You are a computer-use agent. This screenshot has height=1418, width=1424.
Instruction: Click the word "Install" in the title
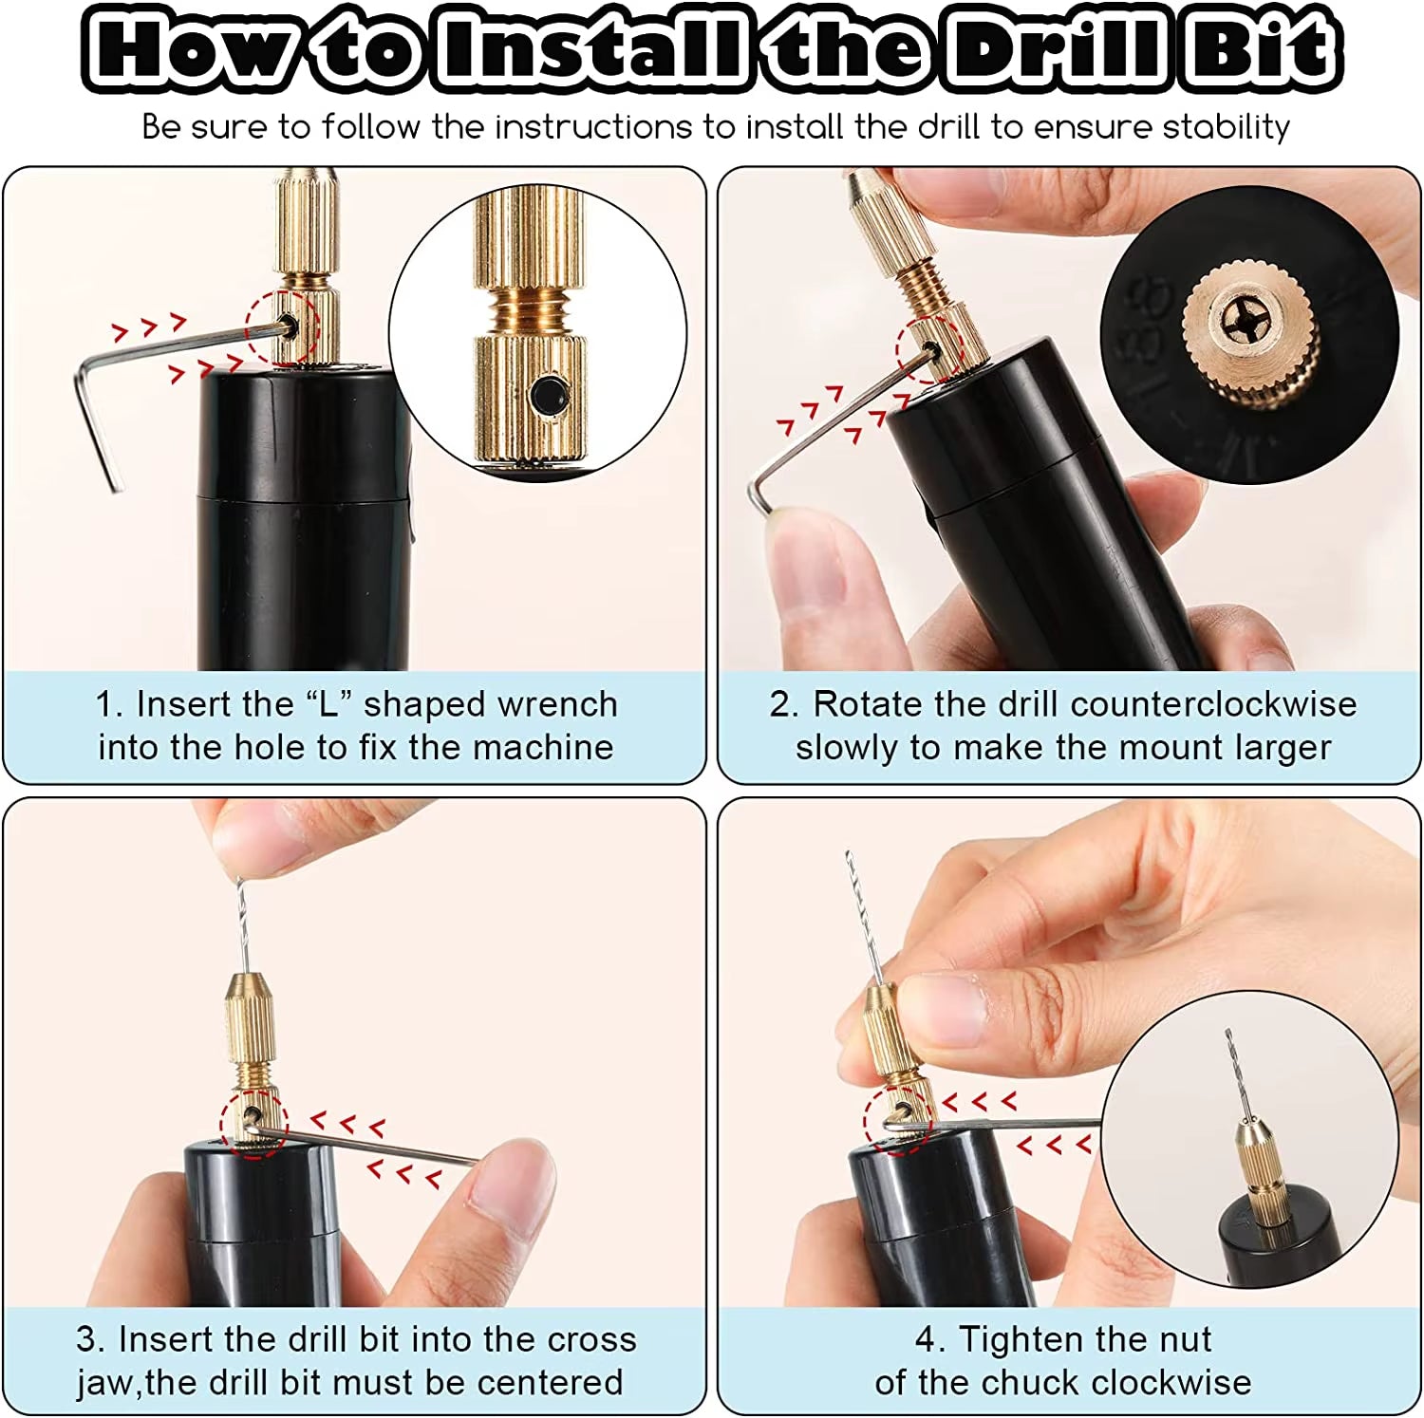point(589,47)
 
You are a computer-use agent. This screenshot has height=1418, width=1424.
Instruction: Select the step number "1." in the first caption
point(108,704)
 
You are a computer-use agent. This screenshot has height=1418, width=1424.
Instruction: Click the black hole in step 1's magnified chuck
point(549,394)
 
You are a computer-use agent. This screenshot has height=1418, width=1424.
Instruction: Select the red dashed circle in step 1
point(282,328)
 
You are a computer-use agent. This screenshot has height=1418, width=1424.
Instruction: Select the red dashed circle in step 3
point(253,1123)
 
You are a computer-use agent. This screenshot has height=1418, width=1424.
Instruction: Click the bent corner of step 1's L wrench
point(82,377)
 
